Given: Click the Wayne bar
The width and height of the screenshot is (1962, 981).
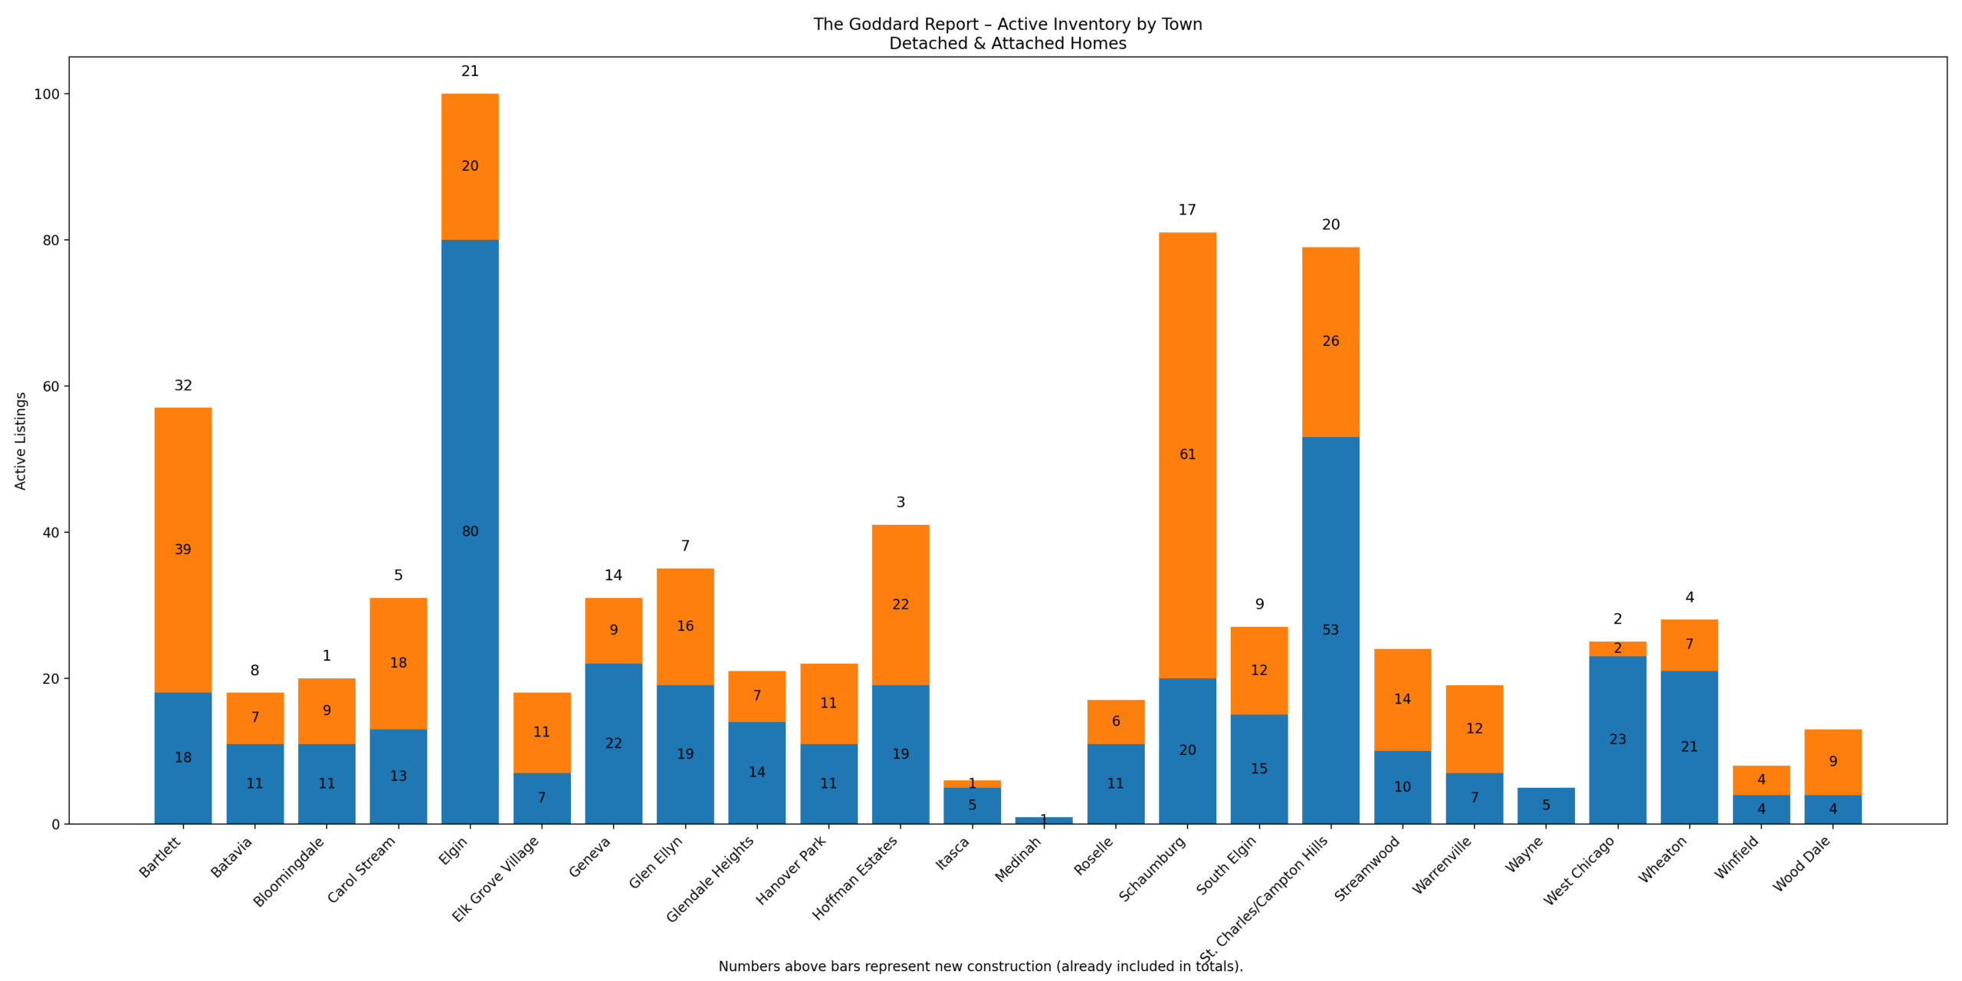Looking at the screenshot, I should [1545, 805].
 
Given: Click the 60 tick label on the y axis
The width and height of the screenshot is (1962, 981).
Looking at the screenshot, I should [51, 386].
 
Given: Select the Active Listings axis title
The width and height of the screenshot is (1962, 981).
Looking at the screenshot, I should [21, 441].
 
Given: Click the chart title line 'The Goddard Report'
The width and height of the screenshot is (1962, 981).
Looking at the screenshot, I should [1007, 25].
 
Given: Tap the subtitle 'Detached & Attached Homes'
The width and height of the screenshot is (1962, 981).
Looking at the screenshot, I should [1007, 44].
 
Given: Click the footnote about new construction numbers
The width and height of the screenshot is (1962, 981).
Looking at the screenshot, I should [979, 966].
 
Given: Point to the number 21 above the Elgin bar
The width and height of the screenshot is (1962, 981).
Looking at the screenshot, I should [470, 71].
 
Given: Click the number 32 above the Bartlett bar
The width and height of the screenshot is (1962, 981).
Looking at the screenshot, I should [183, 386].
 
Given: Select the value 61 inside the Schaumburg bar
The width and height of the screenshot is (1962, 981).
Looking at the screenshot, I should [1187, 454].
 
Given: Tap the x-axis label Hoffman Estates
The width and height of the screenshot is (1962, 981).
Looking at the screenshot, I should [855, 877].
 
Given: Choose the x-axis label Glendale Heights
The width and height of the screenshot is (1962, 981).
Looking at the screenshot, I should [710, 878].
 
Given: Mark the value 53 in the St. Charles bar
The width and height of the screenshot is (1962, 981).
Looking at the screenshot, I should [1330, 630].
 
